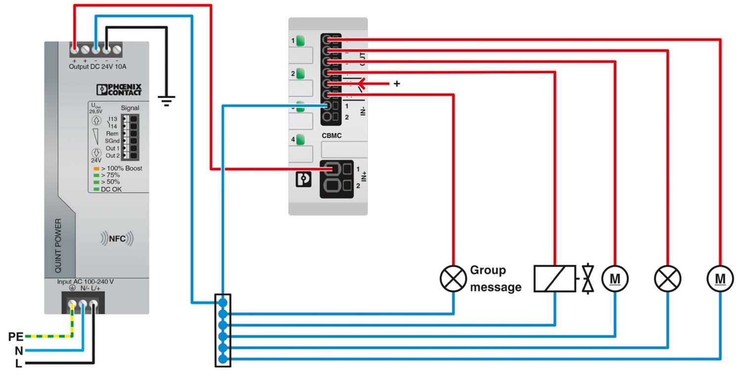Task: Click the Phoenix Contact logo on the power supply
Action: coord(119,90)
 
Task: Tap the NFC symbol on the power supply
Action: coord(117,239)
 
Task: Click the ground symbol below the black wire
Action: coord(166,102)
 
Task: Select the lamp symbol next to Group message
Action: coord(453,279)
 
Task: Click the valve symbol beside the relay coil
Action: coord(588,279)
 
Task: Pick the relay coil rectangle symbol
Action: coord(555,279)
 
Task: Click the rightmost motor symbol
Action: coord(720,279)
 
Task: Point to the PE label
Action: coord(15,337)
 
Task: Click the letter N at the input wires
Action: coord(19,351)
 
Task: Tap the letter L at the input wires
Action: coord(19,364)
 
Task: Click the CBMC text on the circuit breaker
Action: coord(331,135)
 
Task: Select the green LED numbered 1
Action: coord(300,41)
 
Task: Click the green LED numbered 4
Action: coord(300,140)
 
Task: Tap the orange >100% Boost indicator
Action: coord(96,169)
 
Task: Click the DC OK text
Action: coord(111,189)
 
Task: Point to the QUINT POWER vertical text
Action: coord(58,245)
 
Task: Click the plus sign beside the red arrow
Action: coord(396,84)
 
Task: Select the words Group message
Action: coord(495,279)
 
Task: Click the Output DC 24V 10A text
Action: coord(97,67)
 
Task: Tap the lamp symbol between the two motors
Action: coord(667,279)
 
